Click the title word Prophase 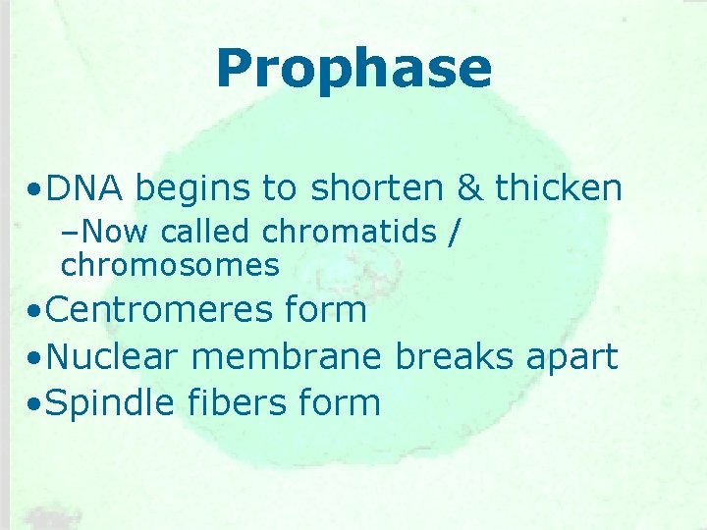pos(353,69)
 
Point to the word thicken pos(558,186)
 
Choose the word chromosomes pos(170,264)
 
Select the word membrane pos(287,356)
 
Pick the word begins pos(193,188)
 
